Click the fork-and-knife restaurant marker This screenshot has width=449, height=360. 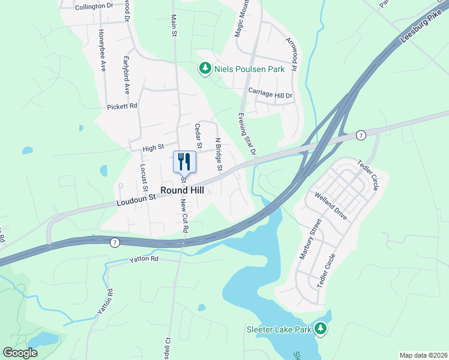click(184, 161)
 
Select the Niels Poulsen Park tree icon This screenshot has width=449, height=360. click(205, 69)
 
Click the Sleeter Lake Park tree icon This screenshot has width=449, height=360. click(321, 329)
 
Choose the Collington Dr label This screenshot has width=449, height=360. click(95, 6)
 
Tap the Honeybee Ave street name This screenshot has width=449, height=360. click(102, 50)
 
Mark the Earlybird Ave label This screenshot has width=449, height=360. click(127, 75)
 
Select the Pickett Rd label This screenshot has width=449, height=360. click(122, 106)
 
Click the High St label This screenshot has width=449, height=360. click(153, 148)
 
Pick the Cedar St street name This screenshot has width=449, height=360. click(197, 136)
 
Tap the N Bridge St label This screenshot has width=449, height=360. click(218, 155)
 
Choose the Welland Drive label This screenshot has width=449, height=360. click(331, 206)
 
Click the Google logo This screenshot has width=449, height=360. click(20, 353)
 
